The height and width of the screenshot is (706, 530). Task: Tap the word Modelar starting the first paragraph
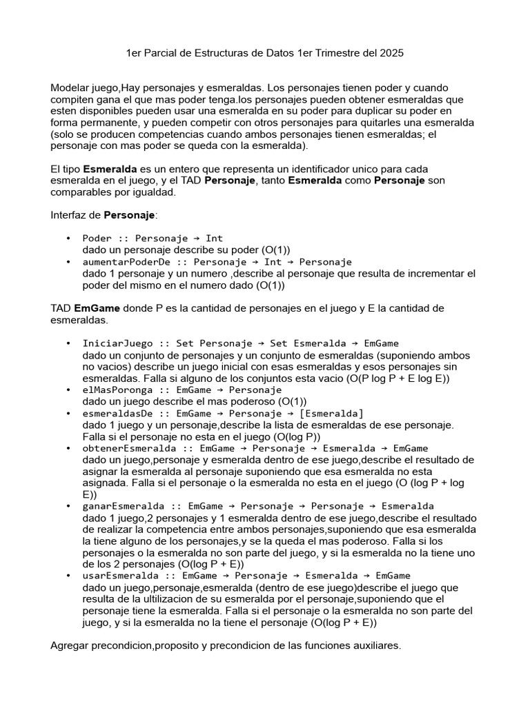tap(70, 88)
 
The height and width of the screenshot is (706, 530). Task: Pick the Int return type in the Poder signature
tap(214, 239)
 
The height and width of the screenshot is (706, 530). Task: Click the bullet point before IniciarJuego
tap(68, 343)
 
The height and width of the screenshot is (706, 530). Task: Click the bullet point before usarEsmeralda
tap(68, 576)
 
